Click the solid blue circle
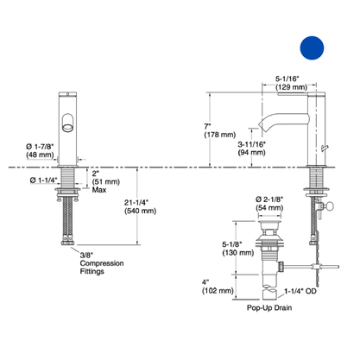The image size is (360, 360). (x=312, y=47)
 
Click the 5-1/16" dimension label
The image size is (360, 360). (x=287, y=79)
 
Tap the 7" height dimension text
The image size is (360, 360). (x=207, y=126)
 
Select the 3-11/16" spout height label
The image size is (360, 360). (x=251, y=144)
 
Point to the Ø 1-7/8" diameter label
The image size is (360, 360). (x=40, y=147)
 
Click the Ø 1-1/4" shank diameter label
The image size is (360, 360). (x=44, y=180)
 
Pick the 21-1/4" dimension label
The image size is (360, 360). (x=136, y=202)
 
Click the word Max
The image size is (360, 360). (x=99, y=190)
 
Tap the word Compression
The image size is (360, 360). (x=102, y=263)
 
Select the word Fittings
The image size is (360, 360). (x=92, y=271)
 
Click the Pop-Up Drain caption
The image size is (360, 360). (x=269, y=307)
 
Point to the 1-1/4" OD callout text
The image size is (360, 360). (x=300, y=291)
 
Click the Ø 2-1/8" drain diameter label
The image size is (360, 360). (x=269, y=199)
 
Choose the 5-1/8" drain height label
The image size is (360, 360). (x=232, y=244)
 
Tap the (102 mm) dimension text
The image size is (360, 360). (x=218, y=291)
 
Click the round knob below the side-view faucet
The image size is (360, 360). (x=329, y=205)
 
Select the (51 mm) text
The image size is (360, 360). (x=106, y=182)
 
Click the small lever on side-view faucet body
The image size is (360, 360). (x=325, y=148)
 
